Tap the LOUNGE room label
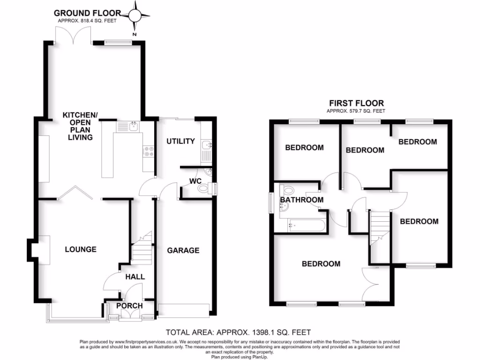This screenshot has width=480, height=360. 81,249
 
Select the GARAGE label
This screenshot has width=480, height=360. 183,250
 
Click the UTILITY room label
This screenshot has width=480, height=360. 180,141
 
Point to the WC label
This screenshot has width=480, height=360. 195,181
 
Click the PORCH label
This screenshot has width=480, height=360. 129,306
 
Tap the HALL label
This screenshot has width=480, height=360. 135,277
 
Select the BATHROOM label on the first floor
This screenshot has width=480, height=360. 302,200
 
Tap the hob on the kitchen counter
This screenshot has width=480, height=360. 148,151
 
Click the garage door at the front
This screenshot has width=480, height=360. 184,310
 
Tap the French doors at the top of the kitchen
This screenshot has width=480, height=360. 73,35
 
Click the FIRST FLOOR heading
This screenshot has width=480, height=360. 356,103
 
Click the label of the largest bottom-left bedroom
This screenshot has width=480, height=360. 321,264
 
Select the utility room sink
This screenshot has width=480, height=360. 206,149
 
